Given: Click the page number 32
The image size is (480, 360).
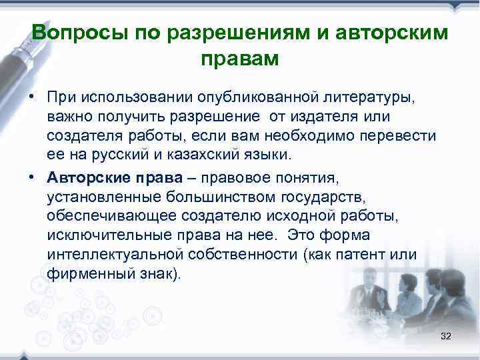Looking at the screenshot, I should [446, 337].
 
